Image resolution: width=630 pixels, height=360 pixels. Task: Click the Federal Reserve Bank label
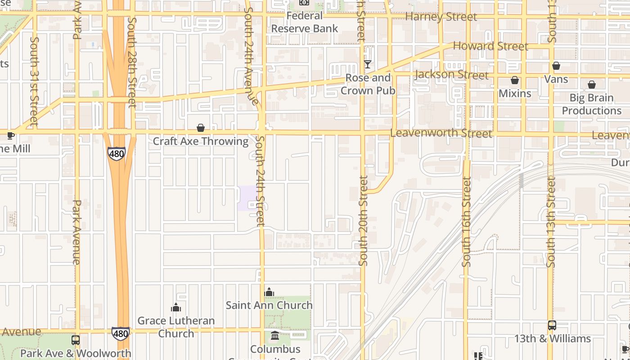(x=304, y=22)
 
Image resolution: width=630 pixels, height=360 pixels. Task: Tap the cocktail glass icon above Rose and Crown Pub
(x=368, y=64)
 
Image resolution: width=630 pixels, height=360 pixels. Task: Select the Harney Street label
(x=441, y=17)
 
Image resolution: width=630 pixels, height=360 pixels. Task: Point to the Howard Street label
(x=490, y=46)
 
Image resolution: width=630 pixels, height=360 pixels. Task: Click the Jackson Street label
(x=451, y=74)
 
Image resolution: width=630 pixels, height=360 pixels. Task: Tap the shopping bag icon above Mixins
(x=515, y=81)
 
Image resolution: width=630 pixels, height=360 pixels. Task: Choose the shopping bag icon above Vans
(x=556, y=66)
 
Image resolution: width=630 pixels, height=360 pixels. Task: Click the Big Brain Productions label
(x=592, y=104)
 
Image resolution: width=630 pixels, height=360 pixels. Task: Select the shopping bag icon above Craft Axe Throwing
(x=201, y=128)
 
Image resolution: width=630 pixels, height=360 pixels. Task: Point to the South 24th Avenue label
(x=250, y=56)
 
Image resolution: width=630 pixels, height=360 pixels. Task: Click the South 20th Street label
(x=364, y=220)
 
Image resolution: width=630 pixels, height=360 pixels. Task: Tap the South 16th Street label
(x=467, y=221)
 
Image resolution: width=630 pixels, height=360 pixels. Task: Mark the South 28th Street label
(x=131, y=63)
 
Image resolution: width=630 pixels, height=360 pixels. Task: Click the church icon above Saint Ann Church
(x=269, y=292)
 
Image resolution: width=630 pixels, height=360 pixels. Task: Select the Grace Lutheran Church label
(x=176, y=327)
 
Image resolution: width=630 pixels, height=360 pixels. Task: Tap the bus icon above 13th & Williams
(x=552, y=325)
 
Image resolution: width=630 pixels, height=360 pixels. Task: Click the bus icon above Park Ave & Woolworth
(x=76, y=340)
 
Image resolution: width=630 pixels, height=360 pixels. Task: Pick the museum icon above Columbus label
(x=275, y=336)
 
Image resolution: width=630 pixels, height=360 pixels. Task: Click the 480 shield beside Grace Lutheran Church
(x=121, y=333)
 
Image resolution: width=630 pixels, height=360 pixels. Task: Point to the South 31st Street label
(x=34, y=81)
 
